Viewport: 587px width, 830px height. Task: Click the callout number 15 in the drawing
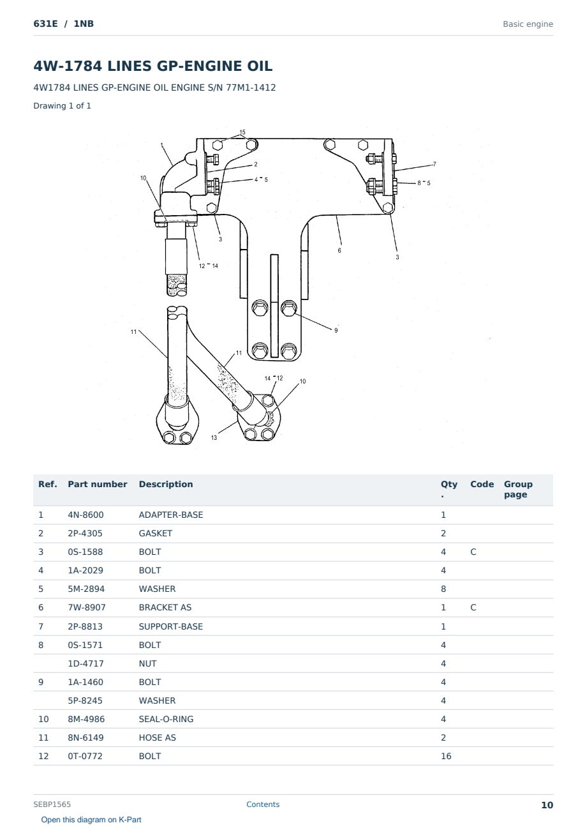pos(242,132)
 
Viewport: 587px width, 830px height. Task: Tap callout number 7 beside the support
pos(435,164)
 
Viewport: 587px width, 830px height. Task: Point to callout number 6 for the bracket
pos(339,250)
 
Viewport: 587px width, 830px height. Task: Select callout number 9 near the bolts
pos(336,330)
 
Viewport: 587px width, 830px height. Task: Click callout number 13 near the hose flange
pos(214,437)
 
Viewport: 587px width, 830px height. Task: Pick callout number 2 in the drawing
pos(256,164)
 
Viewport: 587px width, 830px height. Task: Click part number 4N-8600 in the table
pos(85,515)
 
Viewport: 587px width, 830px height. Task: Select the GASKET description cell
pos(156,533)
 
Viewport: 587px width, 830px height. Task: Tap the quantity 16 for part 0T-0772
pos(446,756)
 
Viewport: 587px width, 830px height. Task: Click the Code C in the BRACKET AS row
pos(473,607)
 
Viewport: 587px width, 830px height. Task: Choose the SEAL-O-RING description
pos(166,719)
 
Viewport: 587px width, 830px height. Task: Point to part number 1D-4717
pos(85,663)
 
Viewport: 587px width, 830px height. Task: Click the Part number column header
pos(98,484)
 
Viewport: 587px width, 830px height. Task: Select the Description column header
pos(166,484)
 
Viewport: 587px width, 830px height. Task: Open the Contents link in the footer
pos(263,804)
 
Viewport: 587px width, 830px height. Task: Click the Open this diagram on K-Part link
pos(91,820)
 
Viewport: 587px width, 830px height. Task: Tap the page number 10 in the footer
pos(547,805)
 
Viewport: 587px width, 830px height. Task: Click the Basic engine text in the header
pos(528,24)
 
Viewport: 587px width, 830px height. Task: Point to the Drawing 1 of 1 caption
pos(63,105)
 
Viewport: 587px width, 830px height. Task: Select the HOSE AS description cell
pos(158,737)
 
